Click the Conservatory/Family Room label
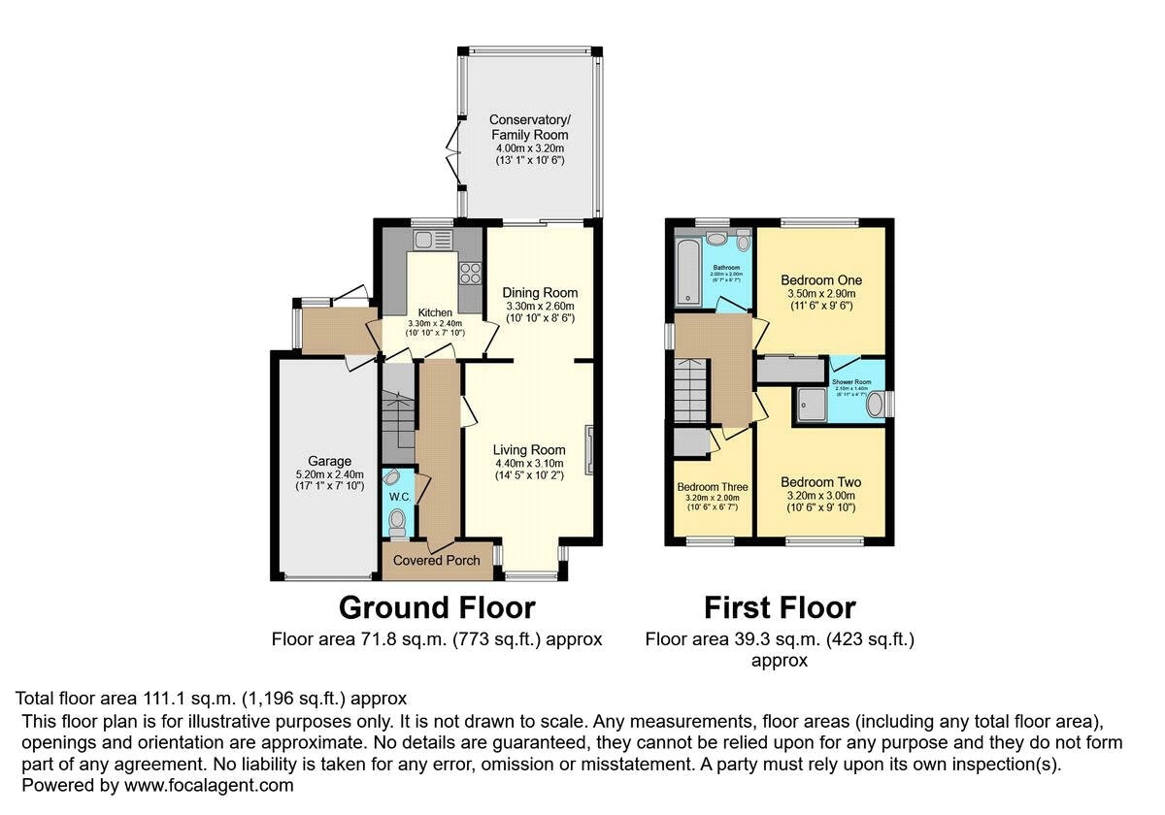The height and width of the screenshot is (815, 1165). click(x=529, y=127)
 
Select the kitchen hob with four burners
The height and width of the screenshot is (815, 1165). click(x=470, y=273)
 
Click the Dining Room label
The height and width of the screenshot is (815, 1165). click(x=540, y=292)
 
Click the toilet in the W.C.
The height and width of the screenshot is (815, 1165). click(x=396, y=525)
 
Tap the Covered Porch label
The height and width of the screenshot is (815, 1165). click(x=436, y=561)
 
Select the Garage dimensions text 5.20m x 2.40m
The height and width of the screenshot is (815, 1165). click(x=323, y=474)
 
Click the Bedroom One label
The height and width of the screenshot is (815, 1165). click(x=821, y=280)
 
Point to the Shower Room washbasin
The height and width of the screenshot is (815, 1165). click(x=876, y=404)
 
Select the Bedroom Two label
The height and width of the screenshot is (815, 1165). click(x=820, y=482)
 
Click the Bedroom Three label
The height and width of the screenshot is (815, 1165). click(x=707, y=487)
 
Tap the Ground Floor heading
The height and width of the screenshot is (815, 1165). click(x=436, y=607)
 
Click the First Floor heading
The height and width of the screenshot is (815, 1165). click(x=780, y=607)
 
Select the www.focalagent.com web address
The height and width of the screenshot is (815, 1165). click(x=206, y=785)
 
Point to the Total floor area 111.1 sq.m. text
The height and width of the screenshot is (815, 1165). click(x=211, y=698)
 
